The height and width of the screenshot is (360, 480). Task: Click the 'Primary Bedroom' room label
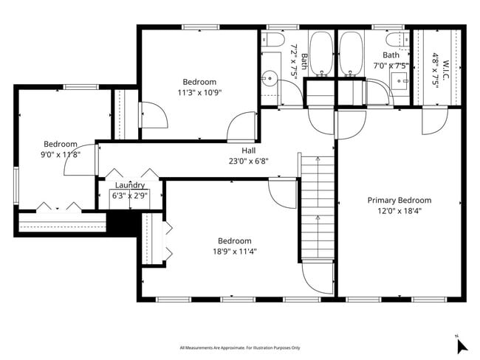(400, 200)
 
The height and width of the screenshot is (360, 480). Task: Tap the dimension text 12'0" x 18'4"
(400, 210)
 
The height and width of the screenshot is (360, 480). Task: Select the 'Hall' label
(239, 150)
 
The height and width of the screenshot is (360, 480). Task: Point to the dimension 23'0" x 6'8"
(239, 161)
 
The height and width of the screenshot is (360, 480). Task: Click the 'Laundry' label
(129, 185)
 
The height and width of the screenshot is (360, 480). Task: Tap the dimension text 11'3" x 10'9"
(199, 92)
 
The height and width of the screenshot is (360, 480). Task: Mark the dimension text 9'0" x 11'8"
(60, 154)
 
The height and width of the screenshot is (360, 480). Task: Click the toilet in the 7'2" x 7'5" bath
(272, 40)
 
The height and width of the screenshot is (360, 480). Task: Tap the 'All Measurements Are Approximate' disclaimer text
(240, 347)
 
